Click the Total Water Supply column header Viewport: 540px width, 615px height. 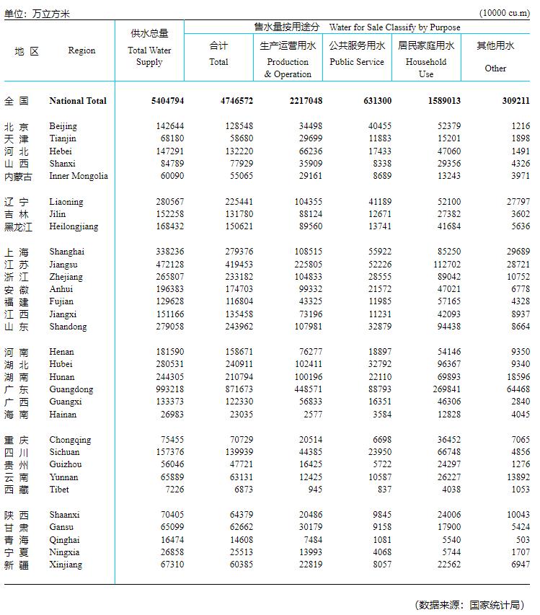click(x=149, y=56)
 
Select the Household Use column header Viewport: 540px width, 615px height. click(x=426, y=67)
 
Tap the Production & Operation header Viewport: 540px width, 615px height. click(x=288, y=68)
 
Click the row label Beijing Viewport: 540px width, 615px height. click(x=63, y=126)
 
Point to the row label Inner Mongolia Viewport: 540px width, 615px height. click(x=79, y=176)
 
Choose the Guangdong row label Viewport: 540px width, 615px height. click(x=70, y=389)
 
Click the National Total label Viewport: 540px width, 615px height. click(x=78, y=101)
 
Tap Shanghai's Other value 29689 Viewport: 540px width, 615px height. click(x=518, y=252)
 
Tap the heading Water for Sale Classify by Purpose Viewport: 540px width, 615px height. click(x=394, y=27)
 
